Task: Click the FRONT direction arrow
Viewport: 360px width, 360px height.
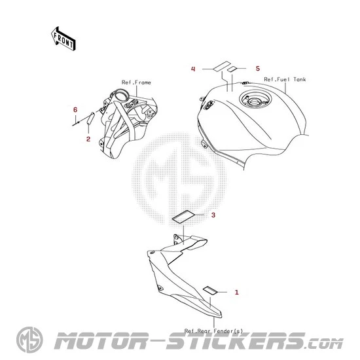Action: pyautogui.click(x=63, y=39)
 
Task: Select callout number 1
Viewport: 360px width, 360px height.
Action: pyautogui.click(x=236, y=292)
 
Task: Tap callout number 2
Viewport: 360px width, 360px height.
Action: pyautogui.click(x=88, y=139)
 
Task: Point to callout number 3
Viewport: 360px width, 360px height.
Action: pyautogui.click(x=213, y=215)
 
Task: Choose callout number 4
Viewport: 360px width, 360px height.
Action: pyautogui.click(x=193, y=69)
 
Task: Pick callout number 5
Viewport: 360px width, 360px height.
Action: pyautogui.click(x=258, y=69)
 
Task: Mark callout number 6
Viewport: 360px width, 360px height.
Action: pyautogui.click(x=75, y=110)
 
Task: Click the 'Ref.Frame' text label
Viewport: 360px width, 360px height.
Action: pyautogui.click(x=136, y=82)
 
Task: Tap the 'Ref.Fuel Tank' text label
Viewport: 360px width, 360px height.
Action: pyautogui.click(x=285, y=79)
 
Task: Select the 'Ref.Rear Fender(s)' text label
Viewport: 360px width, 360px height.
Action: pyautogui.click(x=213, y=331)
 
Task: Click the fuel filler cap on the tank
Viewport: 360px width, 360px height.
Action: pyautogui.click(x=255, y=101)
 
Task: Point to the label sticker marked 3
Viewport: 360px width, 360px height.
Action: pyautogui.click(x=183, y=217)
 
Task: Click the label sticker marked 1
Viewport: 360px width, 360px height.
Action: pyautogui.click(x=210, y=290)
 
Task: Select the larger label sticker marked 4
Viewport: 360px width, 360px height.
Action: pyautogui.click(x=222, y=66)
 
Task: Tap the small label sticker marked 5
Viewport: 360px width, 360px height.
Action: pyautogui.click(x=232, y=69)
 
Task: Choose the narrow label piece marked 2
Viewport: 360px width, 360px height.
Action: pyautogui.click(x=91, y=118)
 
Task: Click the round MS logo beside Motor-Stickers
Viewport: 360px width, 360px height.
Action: pyautogui.click(x=29, y=340)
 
